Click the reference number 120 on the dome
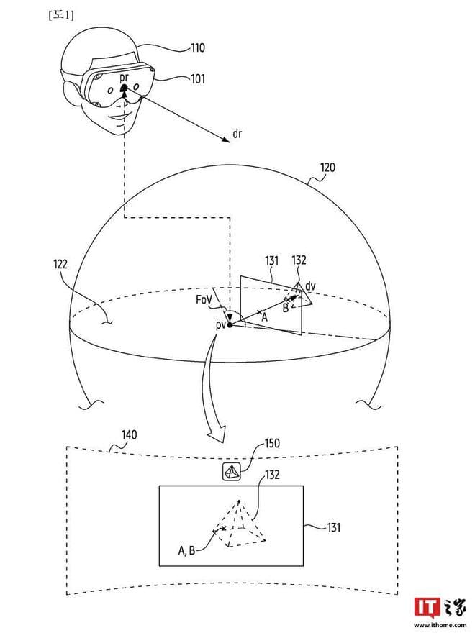click(x=328, y=168)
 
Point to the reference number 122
click(x=60, y=265)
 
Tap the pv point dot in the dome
click(x=230, y=325)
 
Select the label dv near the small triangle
click(x=310, y=286)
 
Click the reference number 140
click(x=130, y=435)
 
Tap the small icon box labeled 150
click(x=232, y=472)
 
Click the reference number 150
click(x=271, y=444)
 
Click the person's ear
click(x=71, y=94)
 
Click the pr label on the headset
click(x=125, y=77)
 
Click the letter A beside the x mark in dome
click(x=264, y=316)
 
